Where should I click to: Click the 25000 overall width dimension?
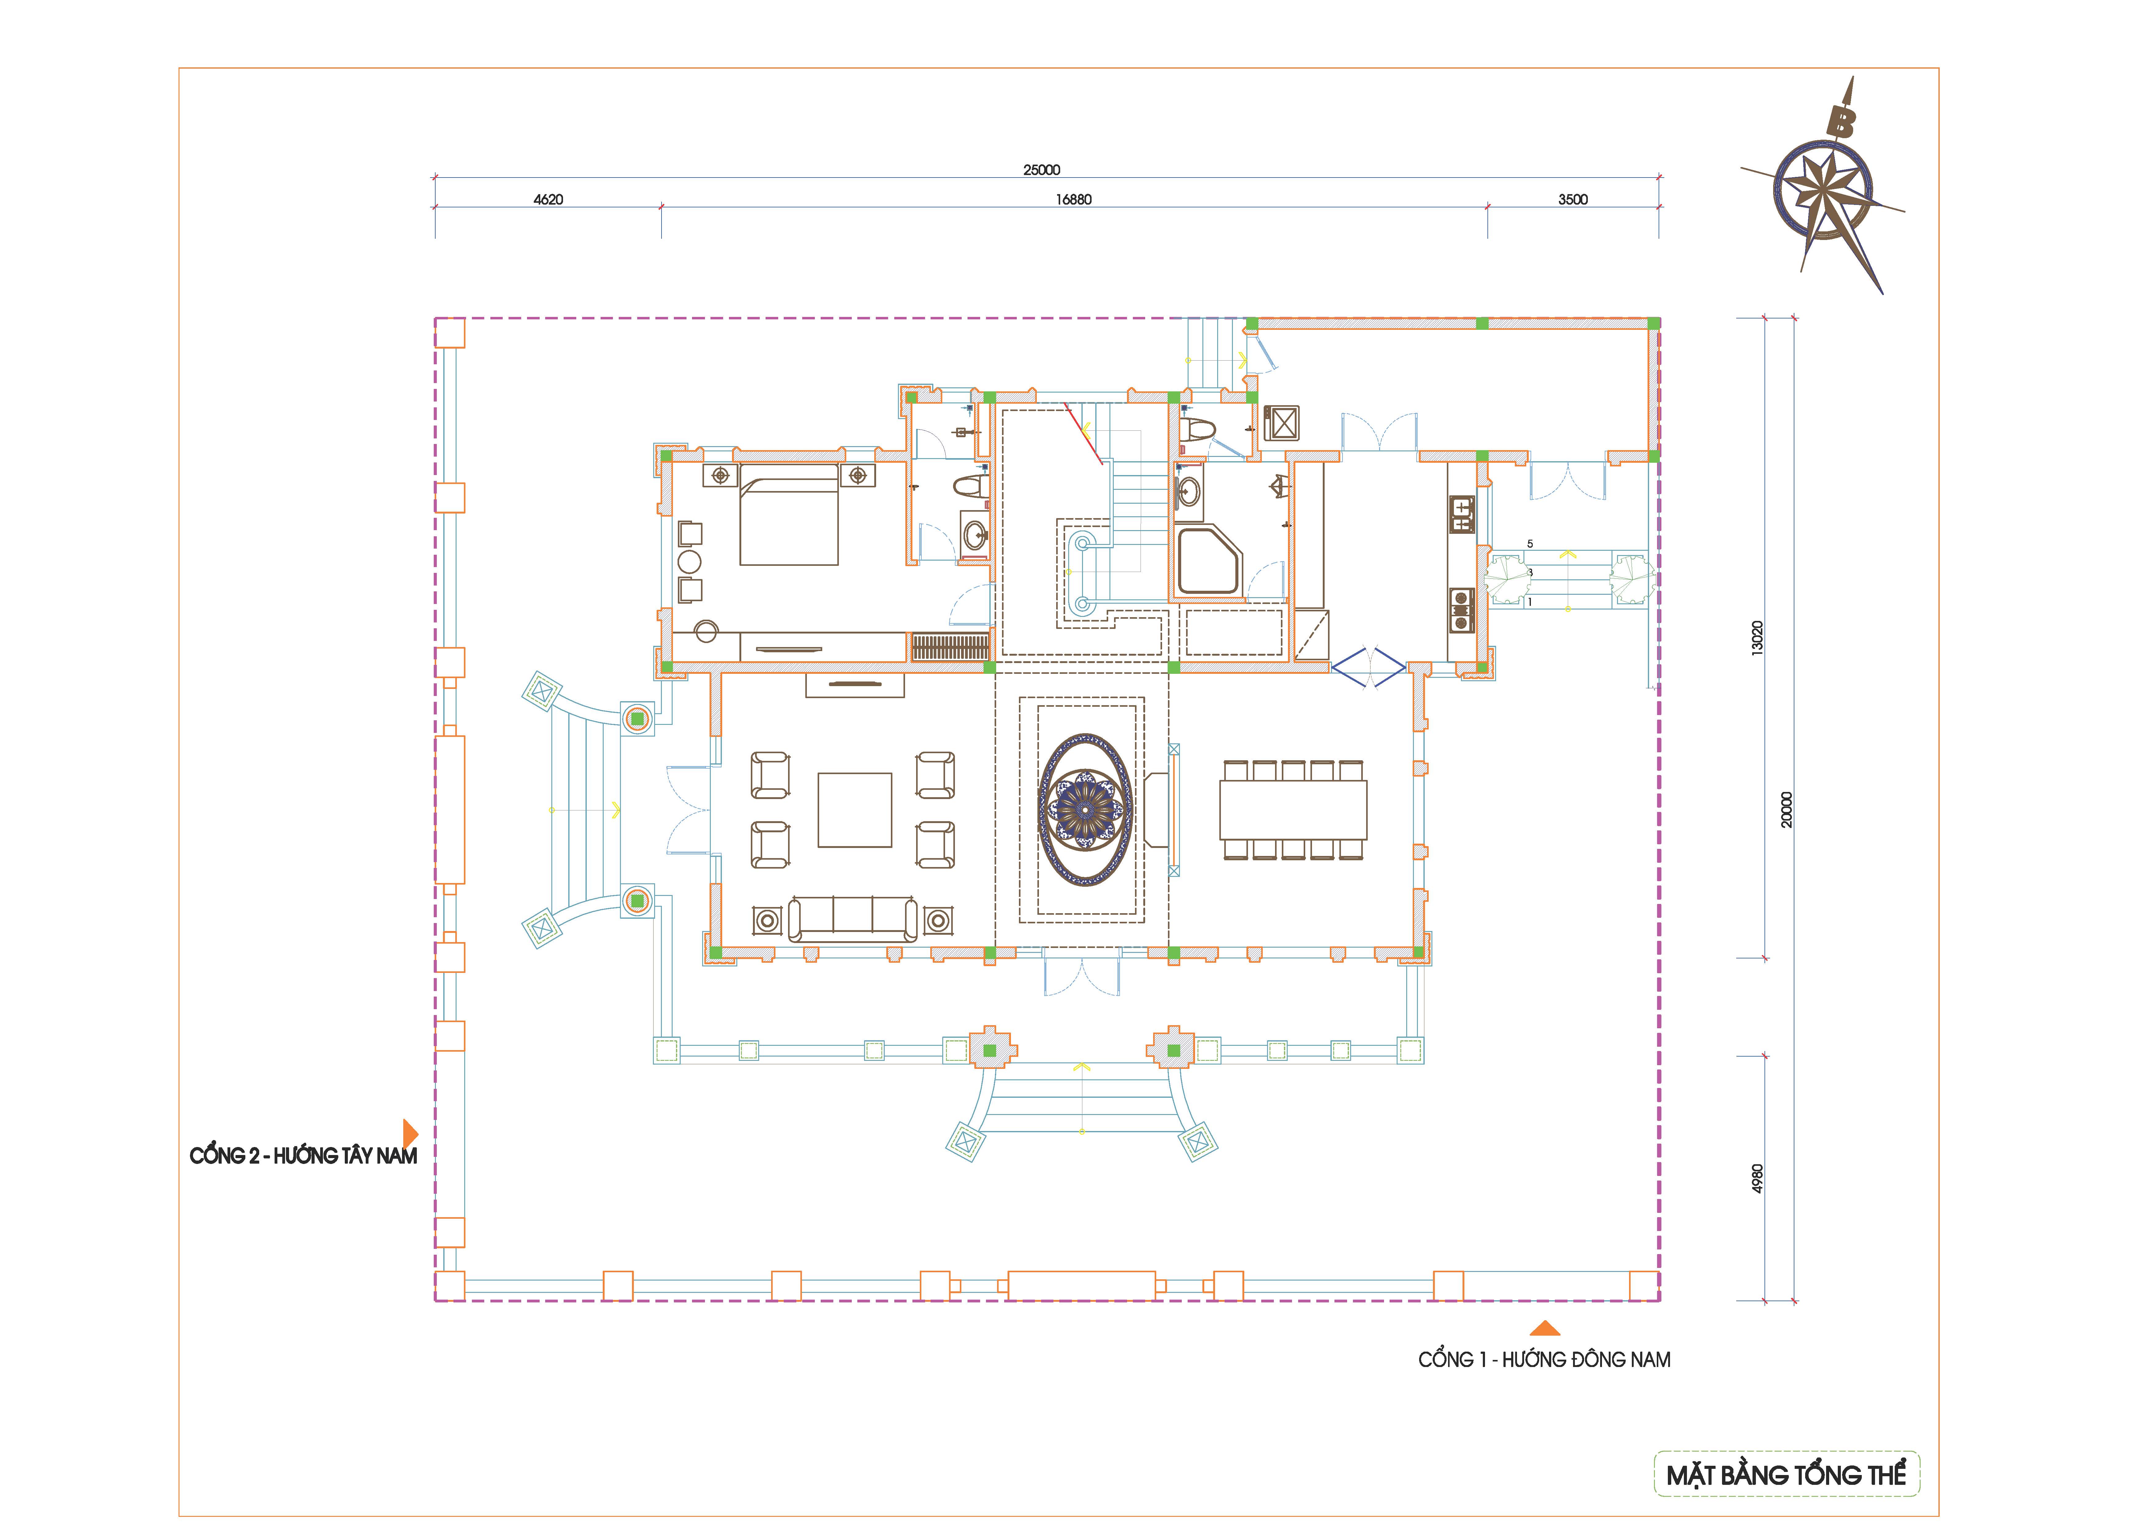[1041, 170]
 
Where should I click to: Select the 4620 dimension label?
[548, 199]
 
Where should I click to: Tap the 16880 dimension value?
[1073, 199]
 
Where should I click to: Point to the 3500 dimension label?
[1573, 199]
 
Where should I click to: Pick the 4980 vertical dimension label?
[1757, 1178]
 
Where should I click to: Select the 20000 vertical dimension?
[1786, 809]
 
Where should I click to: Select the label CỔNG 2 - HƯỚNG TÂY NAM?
[303, 1156]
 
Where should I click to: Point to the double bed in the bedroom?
[788, 514]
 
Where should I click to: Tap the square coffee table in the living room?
[854, 809]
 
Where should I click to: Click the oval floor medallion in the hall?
[1085, 809]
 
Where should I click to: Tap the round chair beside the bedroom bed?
[690, 562]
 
